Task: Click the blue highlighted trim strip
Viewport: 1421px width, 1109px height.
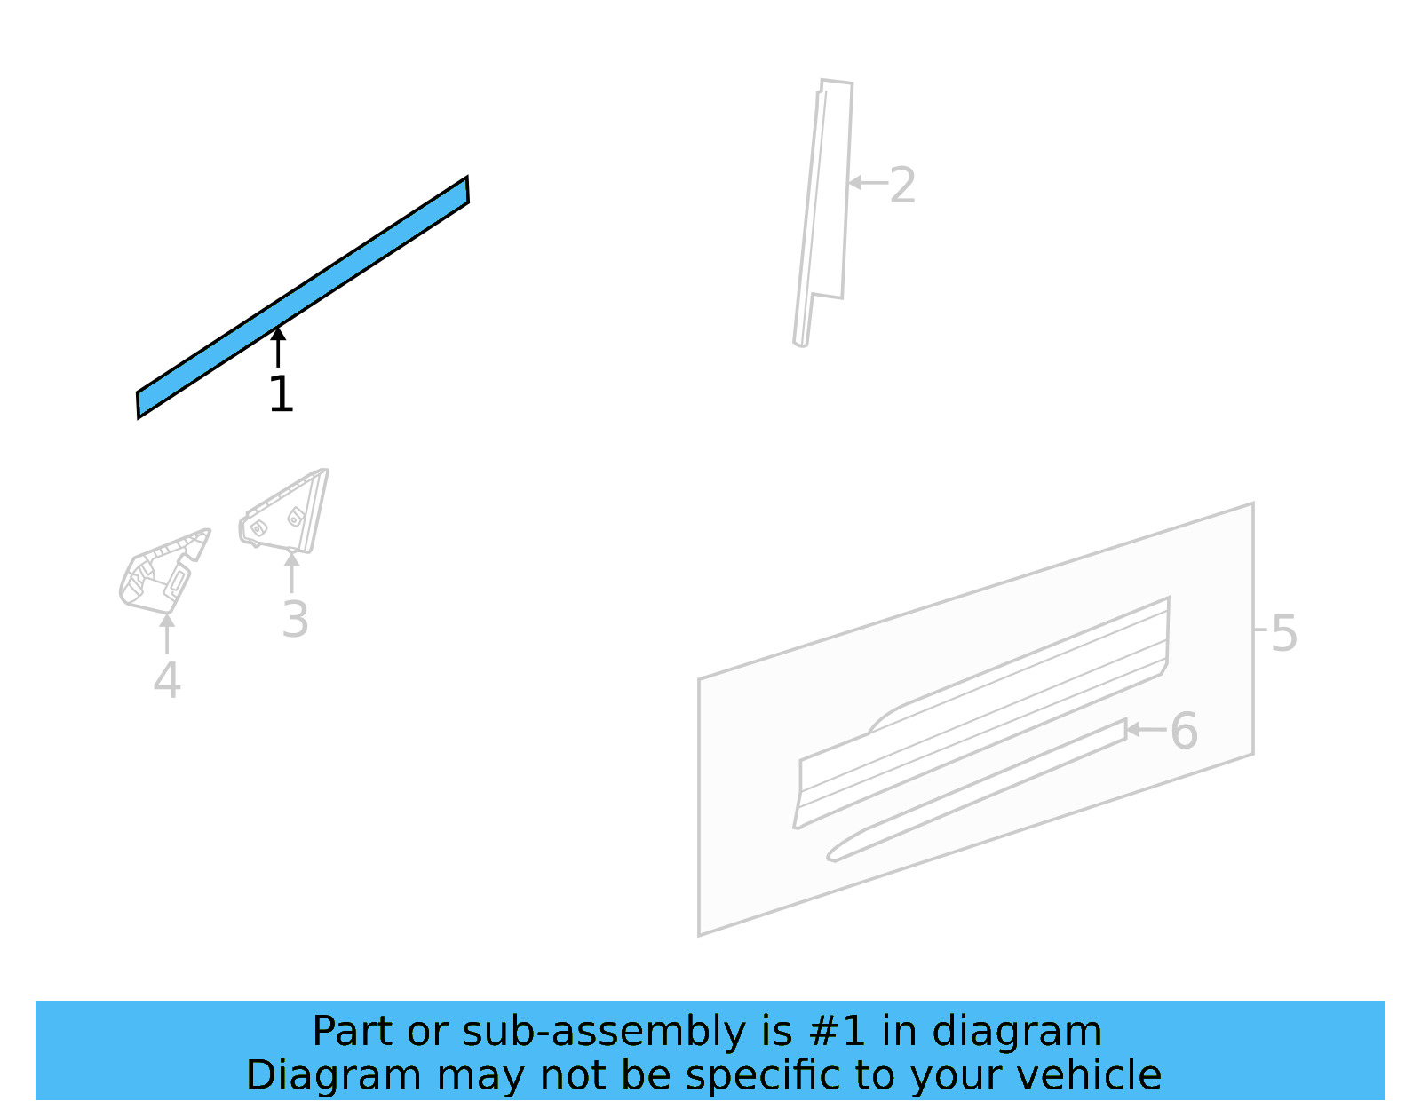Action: pos(302,297)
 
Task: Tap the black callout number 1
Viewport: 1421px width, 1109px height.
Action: pos(281,394)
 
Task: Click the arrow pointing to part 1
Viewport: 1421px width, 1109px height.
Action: pos(278,346)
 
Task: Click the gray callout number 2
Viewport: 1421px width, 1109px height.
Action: pos(902,186)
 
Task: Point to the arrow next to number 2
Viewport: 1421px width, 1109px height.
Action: pos(867,183)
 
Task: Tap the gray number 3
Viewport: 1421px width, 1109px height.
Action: pos(295,620)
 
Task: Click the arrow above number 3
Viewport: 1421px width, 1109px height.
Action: pos(291,572)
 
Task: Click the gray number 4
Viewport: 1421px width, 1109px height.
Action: pos(167,681)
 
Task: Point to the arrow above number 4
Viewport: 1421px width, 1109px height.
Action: pos(167,633)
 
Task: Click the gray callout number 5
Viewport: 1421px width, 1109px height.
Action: pos(1283,634)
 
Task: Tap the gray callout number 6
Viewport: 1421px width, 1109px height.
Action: pos(1184,731)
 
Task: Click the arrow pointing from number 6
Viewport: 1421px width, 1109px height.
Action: pos(1146,730)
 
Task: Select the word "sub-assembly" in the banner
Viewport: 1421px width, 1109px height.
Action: pos(604,1031)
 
